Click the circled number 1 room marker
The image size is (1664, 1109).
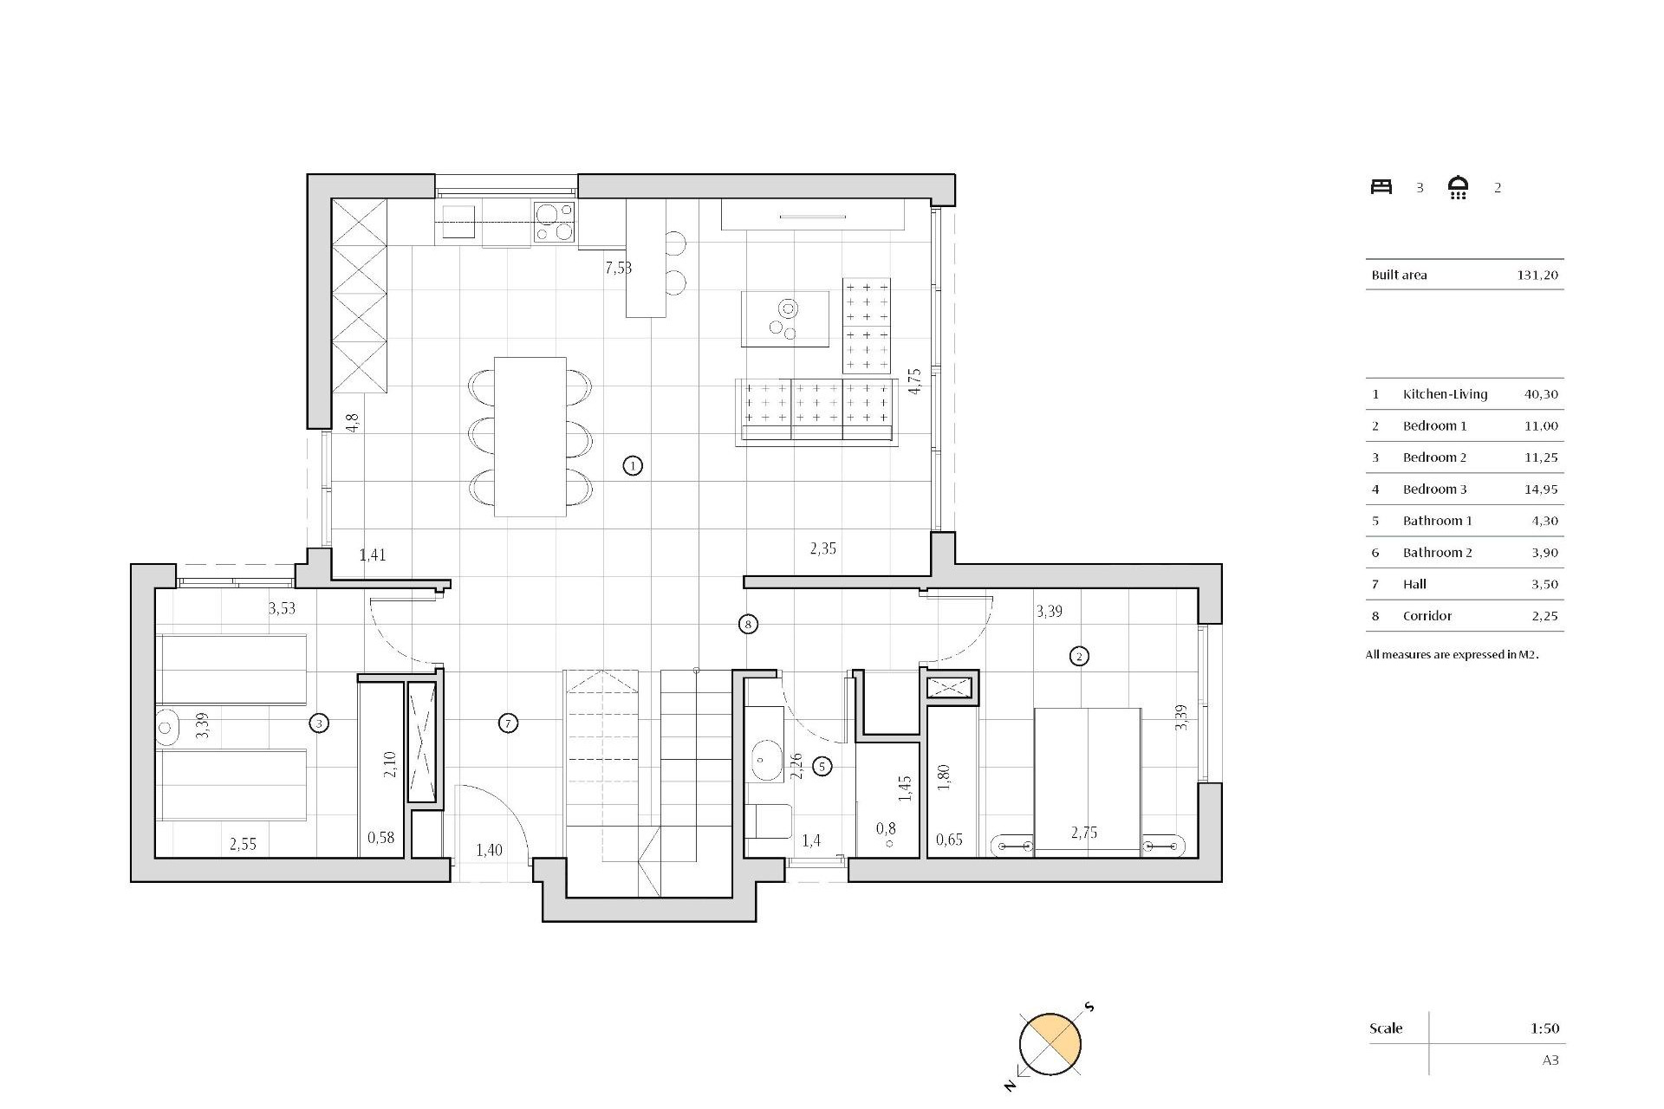(x=633, y=466)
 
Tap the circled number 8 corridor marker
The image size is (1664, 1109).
(x=748, y=624)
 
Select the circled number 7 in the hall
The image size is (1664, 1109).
(x=509, y=723)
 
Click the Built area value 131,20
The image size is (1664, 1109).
(x=1537, y=275)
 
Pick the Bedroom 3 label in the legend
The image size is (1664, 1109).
(x=1434, y=489)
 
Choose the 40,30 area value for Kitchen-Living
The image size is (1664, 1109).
(x=1541, y=394)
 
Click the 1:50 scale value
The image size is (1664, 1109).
(x=1544, y=1028)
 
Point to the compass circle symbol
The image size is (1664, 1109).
(x=1050, y=1044)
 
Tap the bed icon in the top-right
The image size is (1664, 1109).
(x=1381, y=186)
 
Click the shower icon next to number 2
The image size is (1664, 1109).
(x=1459, y=187)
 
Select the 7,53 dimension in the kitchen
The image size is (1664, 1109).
(x=618, y=268)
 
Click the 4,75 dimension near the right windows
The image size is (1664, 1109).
(x=914, y=381)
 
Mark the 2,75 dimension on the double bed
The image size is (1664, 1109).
(x=1083, y=833)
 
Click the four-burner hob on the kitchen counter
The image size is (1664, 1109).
(x=554, y=222)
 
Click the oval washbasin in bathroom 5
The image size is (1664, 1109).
(x=765, y=761)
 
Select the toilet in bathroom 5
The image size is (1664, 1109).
(x=769, y=821)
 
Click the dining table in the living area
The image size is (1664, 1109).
(x=530, y=437)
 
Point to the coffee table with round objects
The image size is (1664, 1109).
(x=784, y=319)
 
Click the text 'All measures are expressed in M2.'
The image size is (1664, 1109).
(x=1452, y=654)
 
